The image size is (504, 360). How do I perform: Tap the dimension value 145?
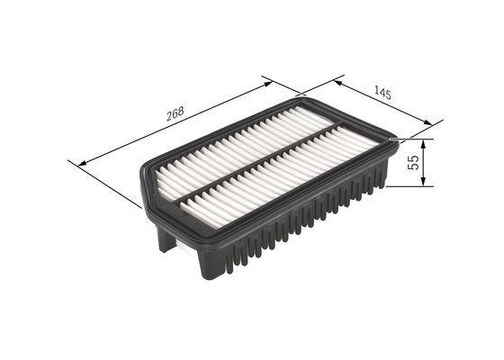tap(382, 91)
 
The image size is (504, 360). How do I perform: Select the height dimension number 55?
tap(413, 163)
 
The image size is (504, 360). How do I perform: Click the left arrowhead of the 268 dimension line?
tap(83, 163)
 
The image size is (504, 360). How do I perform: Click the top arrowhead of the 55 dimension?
tap(422, 143)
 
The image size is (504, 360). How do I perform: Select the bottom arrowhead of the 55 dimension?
tap(422, 183)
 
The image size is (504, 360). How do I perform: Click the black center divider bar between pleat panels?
tap(261, 165)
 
